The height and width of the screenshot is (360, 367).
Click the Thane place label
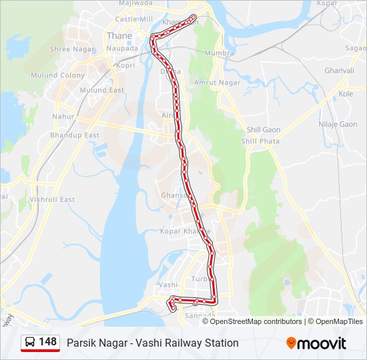119,35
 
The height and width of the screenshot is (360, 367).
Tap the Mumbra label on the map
220,53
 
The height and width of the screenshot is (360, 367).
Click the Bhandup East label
75,135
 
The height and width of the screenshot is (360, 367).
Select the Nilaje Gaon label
338,125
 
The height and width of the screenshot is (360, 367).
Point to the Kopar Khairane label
186,231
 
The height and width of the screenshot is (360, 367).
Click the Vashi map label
168,284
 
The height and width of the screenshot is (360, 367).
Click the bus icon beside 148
30,342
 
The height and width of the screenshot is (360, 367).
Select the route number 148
48,342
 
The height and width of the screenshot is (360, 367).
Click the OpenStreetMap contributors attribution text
256,321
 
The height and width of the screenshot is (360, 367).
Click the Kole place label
346,94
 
